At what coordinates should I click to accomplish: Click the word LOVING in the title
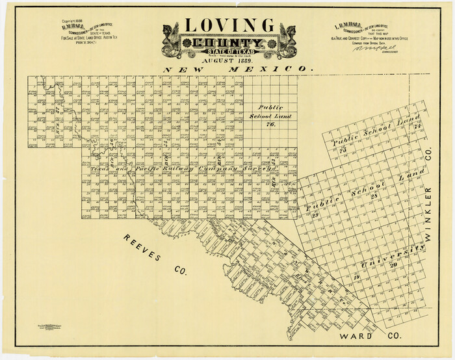pyautogui.click(x=229, y=25)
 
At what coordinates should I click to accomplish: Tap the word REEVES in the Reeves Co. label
pyautogui.click(x=141, y=249)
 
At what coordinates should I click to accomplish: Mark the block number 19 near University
pyautogui.click(x=356, y=277)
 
